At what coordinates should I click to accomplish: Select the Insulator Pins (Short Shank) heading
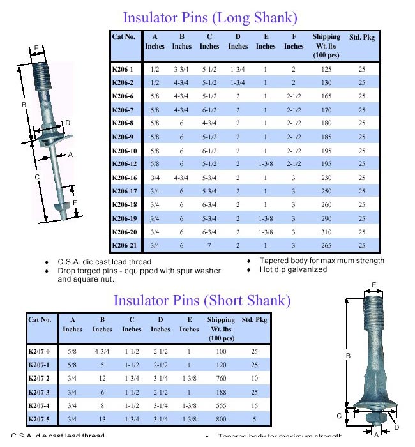click(202, 300)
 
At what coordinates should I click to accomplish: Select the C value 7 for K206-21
click(209, 246)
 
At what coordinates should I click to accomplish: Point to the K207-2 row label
click(39, 377)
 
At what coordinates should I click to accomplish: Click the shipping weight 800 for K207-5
click(222, 419)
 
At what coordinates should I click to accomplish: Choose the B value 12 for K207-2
click(102, 377)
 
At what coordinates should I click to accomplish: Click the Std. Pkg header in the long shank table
click(361, 37)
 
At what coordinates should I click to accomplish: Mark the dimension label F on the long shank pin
click(75, 202)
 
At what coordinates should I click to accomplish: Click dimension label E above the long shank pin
click(36, 48)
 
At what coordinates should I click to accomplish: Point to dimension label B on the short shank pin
click(347, 356)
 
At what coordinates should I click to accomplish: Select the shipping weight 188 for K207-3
click(222, 391)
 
